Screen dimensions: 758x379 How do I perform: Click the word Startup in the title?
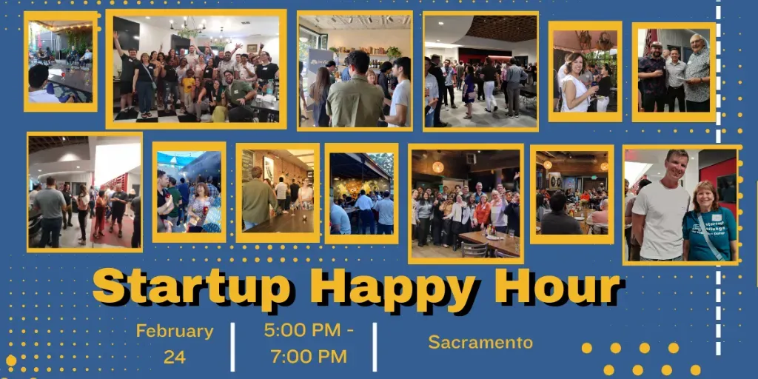coord(192,288)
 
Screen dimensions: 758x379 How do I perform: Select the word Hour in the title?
coord(550,286)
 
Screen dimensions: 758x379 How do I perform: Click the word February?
coord(175,332)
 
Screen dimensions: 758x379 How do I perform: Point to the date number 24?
coord(175,357)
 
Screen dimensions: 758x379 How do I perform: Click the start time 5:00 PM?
coord(309,331)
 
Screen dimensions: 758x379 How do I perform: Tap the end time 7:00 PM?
coord(309,356)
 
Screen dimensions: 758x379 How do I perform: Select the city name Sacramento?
coord(480,342)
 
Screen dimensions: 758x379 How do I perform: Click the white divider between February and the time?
coord(232,346)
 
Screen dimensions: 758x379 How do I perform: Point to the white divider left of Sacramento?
coord(375,346)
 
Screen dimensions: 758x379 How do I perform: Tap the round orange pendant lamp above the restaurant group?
coord(438,167)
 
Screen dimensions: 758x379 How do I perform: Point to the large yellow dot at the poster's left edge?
coord(10,360)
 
